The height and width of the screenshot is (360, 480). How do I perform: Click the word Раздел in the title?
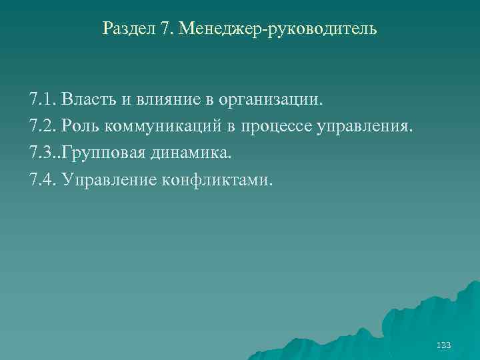(129, 29)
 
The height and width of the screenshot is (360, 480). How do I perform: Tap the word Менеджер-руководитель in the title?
(283, 29)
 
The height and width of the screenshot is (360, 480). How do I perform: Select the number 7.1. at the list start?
(43, 100)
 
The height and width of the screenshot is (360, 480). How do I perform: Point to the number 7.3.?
(43, 153)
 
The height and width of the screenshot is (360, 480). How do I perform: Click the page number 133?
(443, 345)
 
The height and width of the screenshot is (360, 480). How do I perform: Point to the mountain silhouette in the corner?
(427, 320)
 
